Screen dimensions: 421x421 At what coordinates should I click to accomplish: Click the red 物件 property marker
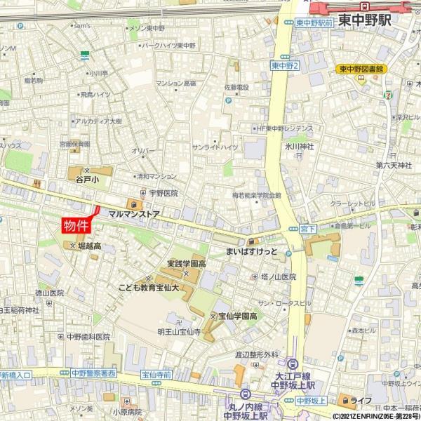point(77,225)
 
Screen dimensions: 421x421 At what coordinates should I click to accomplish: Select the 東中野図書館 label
point(362,69)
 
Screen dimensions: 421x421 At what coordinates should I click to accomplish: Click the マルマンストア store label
point(134,211)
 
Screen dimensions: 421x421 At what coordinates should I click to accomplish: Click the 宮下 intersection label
point(307,229)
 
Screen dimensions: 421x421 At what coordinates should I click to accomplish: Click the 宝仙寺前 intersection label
point(156,375)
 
